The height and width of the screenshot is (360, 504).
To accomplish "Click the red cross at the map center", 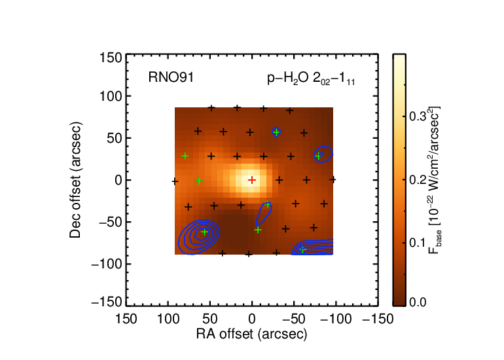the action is point(252,180).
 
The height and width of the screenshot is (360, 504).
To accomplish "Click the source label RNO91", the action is point(171,77).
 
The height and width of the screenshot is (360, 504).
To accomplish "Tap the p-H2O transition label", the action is point(311,79).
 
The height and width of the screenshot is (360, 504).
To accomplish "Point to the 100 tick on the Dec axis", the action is point(111,96).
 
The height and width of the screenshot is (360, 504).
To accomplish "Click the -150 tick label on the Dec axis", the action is point(107,302).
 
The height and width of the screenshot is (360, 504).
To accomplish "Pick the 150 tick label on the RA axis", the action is point(126,319).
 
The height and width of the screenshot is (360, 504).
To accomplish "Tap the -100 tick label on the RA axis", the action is point(336,319).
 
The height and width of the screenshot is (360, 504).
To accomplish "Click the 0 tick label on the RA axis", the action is point(252,319).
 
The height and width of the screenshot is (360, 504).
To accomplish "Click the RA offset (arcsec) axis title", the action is point(252,334).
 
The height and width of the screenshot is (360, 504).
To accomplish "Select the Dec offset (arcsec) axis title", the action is point(75,180).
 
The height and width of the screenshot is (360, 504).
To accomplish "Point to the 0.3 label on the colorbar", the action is point(418,117).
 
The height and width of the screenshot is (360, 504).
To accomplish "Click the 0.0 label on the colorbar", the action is point(418,302).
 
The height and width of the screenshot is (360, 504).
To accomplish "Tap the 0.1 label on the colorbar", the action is point(418,243).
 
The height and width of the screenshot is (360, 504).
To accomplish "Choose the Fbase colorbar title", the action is point(435,180).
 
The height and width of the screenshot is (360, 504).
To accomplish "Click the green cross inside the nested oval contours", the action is point(204,232).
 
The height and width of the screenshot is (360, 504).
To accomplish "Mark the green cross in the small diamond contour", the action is point(276,132).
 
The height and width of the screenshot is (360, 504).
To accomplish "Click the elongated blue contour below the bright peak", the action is point(264,214).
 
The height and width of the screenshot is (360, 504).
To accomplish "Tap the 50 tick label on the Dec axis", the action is point(115,138).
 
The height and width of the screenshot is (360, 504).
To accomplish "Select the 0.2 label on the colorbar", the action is point(418,180).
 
